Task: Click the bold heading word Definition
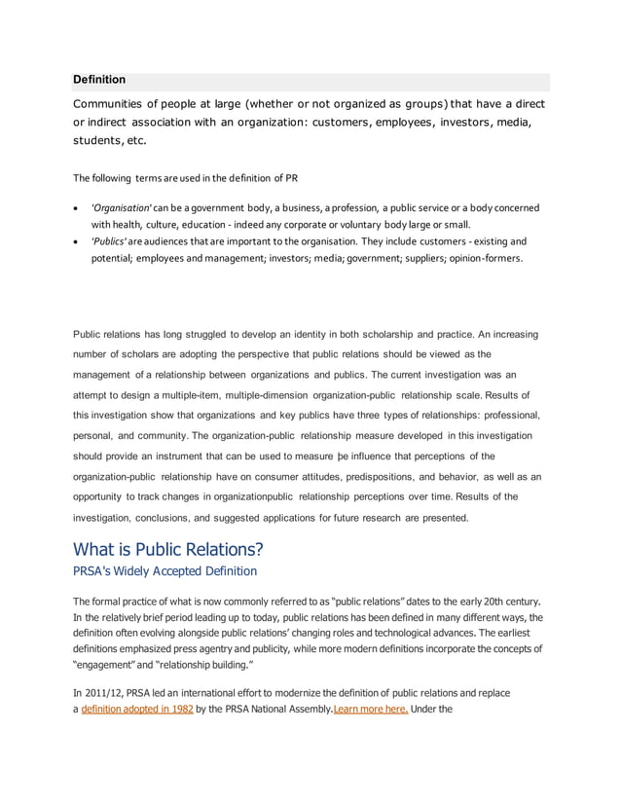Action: coord(99,80)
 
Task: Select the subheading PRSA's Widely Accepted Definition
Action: coord(165,570)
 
